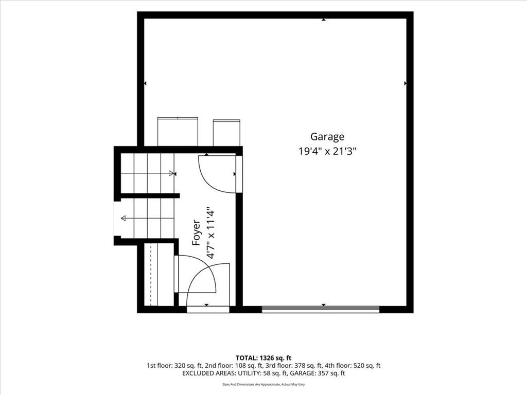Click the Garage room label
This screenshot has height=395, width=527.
coord(327,137)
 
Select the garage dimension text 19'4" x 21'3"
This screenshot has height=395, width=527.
coord(327,151)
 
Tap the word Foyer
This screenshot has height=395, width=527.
coord(196,232)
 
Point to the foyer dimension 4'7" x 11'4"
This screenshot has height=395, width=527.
coord(210,232)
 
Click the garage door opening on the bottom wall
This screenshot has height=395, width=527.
coord(321,309)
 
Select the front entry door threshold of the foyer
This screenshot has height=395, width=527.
coord(208,309)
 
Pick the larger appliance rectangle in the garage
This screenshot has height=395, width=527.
coord(178,132)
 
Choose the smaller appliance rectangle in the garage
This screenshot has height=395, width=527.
coord(226,133)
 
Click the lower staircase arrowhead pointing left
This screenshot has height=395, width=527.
coord(124,218)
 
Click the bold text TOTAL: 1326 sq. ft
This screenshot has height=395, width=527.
coord(263,358)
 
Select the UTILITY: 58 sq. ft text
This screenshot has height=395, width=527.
coord(262,373)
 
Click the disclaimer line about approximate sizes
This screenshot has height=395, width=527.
coord(263,384)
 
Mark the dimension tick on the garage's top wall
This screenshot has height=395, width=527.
coord(323,20)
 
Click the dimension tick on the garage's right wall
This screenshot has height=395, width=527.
coord(406,83)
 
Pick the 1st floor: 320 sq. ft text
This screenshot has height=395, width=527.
coord(174,366)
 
